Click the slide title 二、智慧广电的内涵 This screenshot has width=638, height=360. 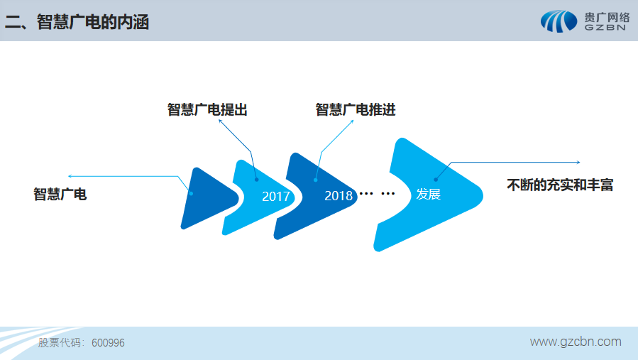pyautogui.click(x=77, y=22)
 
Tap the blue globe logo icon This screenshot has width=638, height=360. pyautogui.click(x=559, y=21)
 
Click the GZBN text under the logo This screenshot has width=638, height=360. pyautogui.click(x=605, y=28)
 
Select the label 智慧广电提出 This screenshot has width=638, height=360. pyautogui.click(x=207, y=109)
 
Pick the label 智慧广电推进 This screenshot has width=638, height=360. pyautogui.click(x=356, y=109)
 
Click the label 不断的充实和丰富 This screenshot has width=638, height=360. pyautogui.click(x=560, y=185)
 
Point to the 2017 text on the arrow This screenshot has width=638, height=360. pyautogui.click(x=276, y=196)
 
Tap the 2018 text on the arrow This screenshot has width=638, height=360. pyautogui.click(x=339, y=196)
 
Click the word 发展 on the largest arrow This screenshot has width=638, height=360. pyautogui.click(x=428, y=195)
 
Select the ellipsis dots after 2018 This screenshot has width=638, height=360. pyautogui.click(x=377, y=193)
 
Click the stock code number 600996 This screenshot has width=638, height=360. pyautogui.click(x=109, y=343)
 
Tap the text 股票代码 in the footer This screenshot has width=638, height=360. pyautogui.click(x=60, y=343)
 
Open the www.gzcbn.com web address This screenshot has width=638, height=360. pyautogui.click(x=576, y=342)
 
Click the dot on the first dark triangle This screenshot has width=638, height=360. pyautogui.click(x=191, y=194)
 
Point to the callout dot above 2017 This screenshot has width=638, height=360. pyautogui.click(x=257, y=180)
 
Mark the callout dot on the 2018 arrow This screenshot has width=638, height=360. pyautogui.click(x=316, y=180)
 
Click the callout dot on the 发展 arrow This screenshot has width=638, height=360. pyautogui.click(x=436, y=180)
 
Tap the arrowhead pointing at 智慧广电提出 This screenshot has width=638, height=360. pyautogui.click(x=220, y=121)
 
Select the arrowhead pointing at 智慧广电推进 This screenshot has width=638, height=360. pyautogui.click(x=352, y=121)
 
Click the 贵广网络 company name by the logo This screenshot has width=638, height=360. pyautogui.click(x=607, y=18)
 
